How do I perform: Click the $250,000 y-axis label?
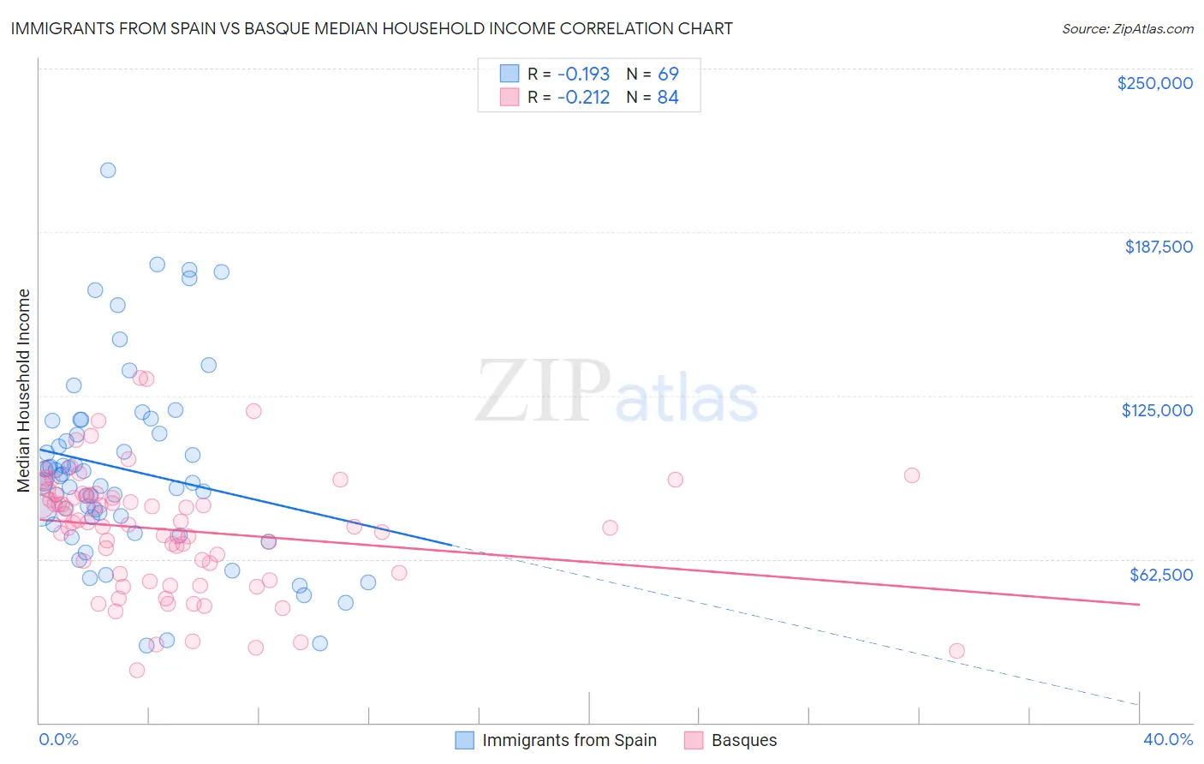click(1154, 83)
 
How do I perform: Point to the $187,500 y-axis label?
click(1158, 247)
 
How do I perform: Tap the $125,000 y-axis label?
click(1157, 410)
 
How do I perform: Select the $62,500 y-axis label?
click(1160, 574)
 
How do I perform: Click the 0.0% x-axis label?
click(58, 739)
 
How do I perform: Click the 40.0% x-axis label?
click(1167, 739)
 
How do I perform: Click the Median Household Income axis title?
click(23, 391)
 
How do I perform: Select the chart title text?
click(372, 28)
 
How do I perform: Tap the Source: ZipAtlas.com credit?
click(1127, 29)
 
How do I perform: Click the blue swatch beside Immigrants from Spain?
click(464, 740)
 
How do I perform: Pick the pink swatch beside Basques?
click(694, 740)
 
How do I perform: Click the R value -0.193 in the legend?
click(583, 74)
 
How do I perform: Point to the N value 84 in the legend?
click(668, 97)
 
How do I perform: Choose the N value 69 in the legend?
click(668, 74)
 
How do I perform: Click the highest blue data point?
click(108, 170)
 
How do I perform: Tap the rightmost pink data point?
click(957, 651)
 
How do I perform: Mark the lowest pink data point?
click(136, 670)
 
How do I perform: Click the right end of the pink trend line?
click(1139, 605)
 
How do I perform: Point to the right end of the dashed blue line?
click(1139, 704)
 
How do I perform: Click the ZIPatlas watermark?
click(617, 392)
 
